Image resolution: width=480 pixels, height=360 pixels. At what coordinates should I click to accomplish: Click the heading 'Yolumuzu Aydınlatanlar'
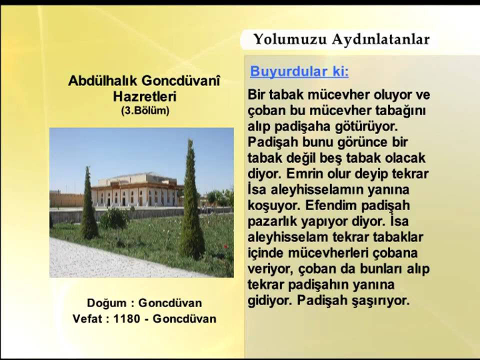pyautogui.click(x=341, y=39)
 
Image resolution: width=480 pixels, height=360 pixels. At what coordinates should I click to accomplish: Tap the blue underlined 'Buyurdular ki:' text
pyautogui.click(x=299, y=71)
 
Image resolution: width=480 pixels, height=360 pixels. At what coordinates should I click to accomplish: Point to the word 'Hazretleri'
pyautogui.click(x=144, y=96)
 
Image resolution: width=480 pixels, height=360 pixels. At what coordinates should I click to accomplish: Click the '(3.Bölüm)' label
pyautogui.click(x=145, y=110)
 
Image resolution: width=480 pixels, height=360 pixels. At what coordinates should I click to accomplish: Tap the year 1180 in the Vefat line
pyautogui.click(x=126, y=318)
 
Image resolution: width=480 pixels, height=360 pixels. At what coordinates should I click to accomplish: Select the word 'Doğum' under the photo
pyautogui.click(x=105, y=303)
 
